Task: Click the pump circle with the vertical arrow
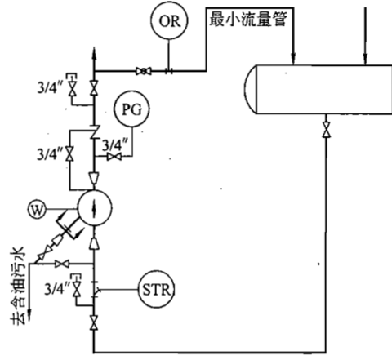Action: [x=96, y=208]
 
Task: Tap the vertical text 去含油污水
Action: [x=19, y=286]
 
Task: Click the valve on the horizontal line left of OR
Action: [x=144, y=72]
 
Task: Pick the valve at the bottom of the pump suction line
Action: [x=96, y=327]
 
